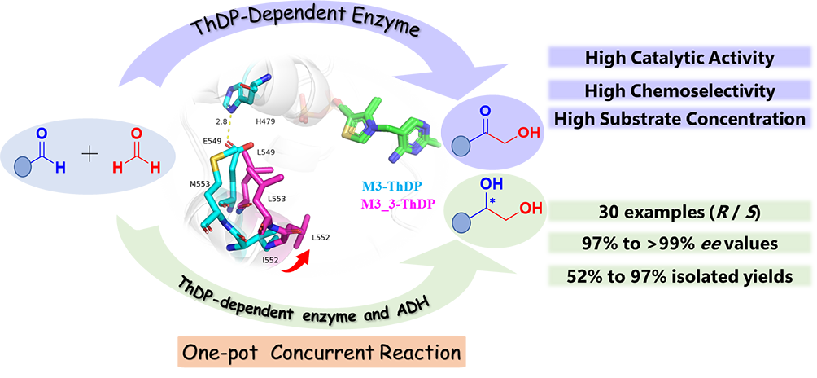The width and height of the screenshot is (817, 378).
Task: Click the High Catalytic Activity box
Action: click(x=679, y=58)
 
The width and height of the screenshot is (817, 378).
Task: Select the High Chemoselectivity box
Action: click(x=679, y=89)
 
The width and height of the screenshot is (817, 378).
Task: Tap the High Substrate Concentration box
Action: click(x=679, y=119)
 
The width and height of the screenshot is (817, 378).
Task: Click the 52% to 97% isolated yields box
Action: click(x=679, y=276)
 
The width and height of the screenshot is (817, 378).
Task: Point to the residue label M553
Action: click(x=195, y=184)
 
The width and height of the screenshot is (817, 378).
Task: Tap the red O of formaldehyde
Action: click(x=137, y=134)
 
